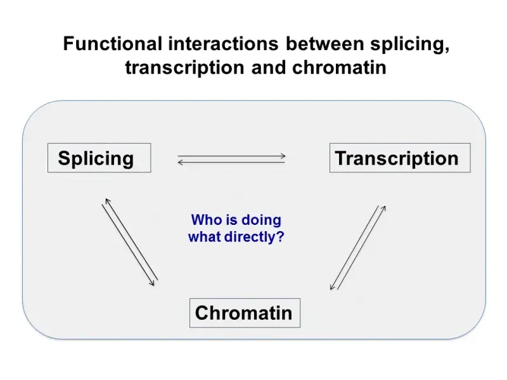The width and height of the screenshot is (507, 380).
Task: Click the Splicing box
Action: (99, 158)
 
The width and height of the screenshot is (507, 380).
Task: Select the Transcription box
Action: (399, 158)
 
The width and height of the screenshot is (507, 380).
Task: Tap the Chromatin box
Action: (245, 313)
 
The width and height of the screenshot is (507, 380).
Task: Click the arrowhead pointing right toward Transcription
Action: (284, 156)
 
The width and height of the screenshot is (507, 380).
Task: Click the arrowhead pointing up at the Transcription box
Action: (383, 207)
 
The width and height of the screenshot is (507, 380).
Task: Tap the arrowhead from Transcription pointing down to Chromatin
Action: (331, 288)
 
